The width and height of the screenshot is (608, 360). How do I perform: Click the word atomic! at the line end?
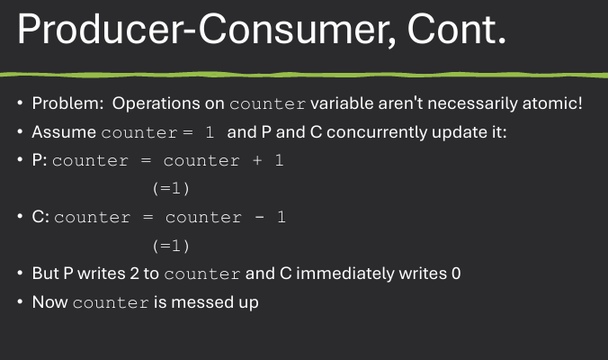click(552, 103)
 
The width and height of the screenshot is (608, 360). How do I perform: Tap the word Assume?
click(64, 132)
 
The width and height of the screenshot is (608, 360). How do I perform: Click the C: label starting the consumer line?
click(40, 217)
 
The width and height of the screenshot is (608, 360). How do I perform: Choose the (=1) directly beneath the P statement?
click(172, 189)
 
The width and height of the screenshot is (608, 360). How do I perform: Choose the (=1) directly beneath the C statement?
click(172, 245)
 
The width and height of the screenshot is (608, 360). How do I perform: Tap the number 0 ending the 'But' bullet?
click(456, 274)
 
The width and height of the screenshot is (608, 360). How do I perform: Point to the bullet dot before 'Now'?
click(20, 302)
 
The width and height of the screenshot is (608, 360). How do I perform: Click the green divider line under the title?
click(304, 72)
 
